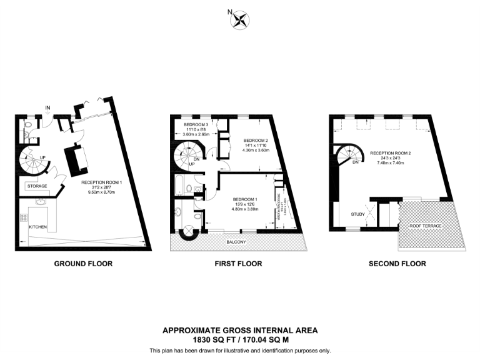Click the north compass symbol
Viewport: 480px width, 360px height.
pyautogui.click(x=239, y=20)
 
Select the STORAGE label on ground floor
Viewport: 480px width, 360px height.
pyautogui.click(x=36, y=186)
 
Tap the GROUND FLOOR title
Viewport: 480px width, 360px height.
pyautogui.click(x=83, y=264)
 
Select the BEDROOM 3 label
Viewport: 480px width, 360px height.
pyautogui.click(x=196, y=125)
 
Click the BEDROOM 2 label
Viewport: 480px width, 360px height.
pyautogui.click(x=255, y=140)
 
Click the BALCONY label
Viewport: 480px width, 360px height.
pyautogui.click(x=236, y=242)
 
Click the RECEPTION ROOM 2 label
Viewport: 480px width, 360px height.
pyautogui.click(x=391, y=152)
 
